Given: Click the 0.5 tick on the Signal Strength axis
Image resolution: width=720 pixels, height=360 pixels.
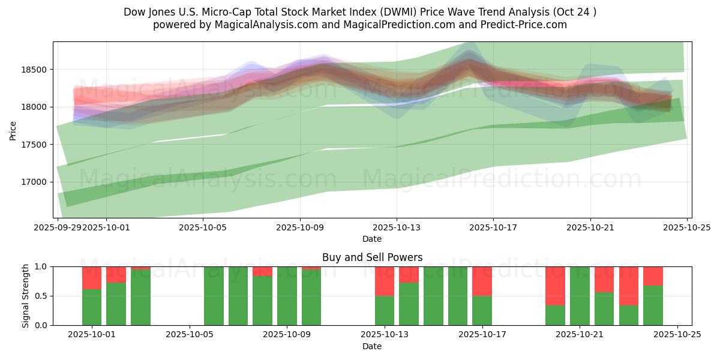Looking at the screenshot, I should [42, 296].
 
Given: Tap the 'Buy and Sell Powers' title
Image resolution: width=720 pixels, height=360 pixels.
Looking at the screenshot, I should [372, 257].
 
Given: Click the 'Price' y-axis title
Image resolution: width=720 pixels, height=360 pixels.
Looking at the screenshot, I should [13, 130].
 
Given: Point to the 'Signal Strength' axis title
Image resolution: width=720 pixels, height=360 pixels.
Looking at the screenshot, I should [25, 296].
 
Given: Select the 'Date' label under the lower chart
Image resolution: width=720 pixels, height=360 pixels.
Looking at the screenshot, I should [372, 346].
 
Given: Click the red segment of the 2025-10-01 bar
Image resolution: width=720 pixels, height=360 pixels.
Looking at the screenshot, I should [92, 278].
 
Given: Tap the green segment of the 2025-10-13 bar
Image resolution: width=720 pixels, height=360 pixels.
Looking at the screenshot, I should [385, 310].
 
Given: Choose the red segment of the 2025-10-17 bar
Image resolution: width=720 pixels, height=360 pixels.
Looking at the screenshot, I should [482, 281].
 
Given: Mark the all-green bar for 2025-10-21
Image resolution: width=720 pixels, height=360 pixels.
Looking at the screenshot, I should [580, 296].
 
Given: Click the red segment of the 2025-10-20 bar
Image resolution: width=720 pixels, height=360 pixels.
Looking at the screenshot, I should [555, 286].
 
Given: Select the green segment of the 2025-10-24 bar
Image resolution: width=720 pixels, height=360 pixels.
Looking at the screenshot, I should [653, 305].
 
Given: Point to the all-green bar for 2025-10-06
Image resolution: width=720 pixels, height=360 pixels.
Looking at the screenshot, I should [214, 296].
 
